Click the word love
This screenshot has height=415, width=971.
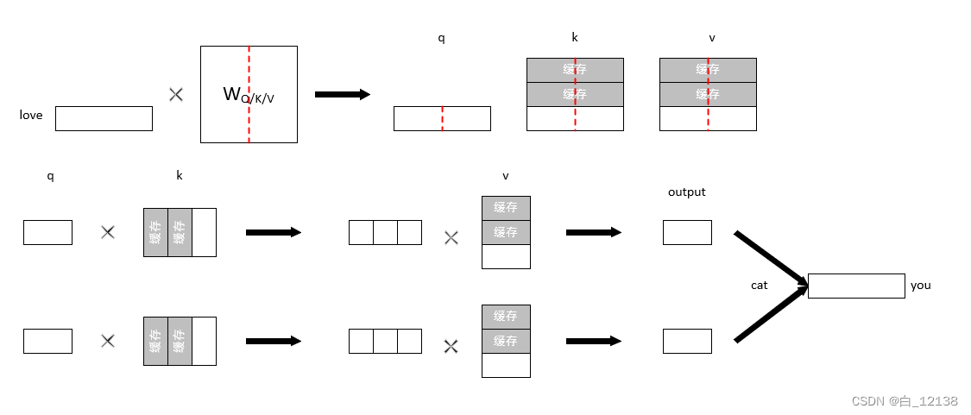click(x=31, y=115)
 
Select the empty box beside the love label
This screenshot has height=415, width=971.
click(x=104, y=118)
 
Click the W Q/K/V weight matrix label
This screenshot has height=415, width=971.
click(x=249, y=95)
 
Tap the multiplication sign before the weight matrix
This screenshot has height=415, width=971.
click(x=176, y=94)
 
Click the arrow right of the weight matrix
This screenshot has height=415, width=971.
click(x=342, y=94)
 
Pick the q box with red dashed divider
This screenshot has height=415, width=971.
click(x=442, y=118)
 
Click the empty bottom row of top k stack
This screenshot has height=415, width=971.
click(x=575, y=118)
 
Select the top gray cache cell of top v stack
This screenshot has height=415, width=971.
click(x=708, y=70)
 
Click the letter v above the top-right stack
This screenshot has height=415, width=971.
click(x=711, y=38)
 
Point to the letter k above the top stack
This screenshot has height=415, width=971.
click(x=575, y=37)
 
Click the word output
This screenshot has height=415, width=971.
click(x=686, y=192)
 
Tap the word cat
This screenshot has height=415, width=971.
click(x=759, y=285)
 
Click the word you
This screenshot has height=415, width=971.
click(x=920, y=285)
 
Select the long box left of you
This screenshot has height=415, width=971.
click(x=856, y=286)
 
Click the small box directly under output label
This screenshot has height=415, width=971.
click(x=687, y=232)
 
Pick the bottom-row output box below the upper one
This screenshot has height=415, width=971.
click(x=687, y=341)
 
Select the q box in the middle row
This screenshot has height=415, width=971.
click(x=47, y=232)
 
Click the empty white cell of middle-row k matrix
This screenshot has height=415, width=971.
click(x=204, y=232)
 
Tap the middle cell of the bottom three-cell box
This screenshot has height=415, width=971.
click(x=385, y=341)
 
